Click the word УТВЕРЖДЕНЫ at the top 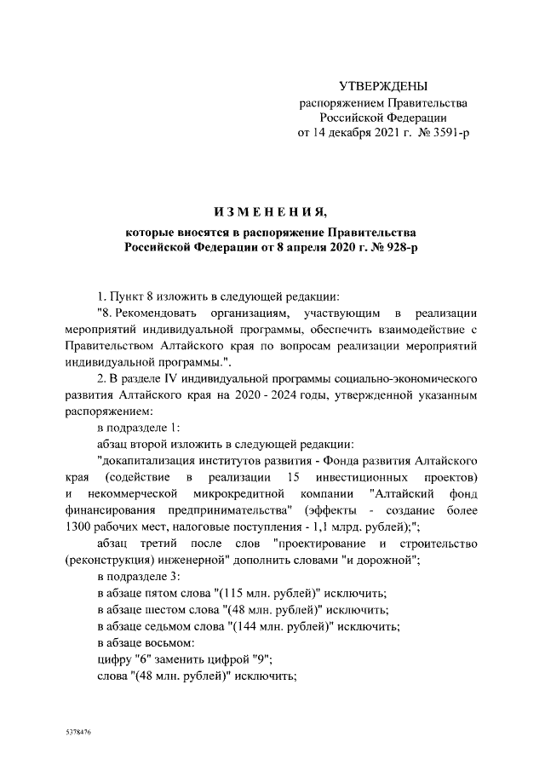tap(383, 86)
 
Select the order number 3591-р tap(448, 132)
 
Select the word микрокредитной tap(239, 494)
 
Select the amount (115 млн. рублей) tap(267, 593)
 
